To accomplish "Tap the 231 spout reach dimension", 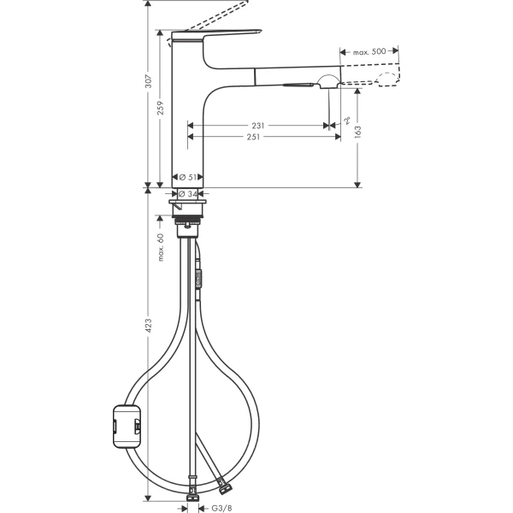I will pos(258,125).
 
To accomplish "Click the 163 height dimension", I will pos(357,132).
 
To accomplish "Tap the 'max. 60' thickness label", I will pos(160,248).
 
